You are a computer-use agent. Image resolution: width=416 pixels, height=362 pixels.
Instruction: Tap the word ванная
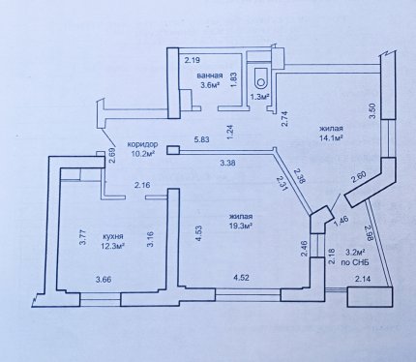[210, 75]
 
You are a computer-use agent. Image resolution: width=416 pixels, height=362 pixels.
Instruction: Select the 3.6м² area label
[210, 85]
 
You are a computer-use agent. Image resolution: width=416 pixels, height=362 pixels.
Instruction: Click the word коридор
[142, 144]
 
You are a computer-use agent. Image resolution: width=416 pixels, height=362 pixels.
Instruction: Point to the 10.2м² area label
[142, 154]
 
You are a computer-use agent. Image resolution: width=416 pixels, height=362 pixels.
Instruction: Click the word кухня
[112, 236]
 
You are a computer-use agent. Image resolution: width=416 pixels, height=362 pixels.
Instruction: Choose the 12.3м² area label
[112, 246]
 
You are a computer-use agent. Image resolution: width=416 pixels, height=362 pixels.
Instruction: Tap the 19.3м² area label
[240, 226]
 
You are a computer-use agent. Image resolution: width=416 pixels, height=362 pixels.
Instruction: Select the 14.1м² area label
[331, 137]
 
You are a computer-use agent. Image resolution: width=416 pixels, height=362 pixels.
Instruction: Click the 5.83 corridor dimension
[201, 139]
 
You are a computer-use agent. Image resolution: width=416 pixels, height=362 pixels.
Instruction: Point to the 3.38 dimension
[227, 163]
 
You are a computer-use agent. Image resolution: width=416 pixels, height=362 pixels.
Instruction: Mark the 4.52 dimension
[241, 278]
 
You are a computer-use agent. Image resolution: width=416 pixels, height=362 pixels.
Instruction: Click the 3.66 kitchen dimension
[104, 280]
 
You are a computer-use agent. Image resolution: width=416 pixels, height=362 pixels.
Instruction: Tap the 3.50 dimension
[372, 111]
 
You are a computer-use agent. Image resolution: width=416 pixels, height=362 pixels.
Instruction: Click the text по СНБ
[355, 263]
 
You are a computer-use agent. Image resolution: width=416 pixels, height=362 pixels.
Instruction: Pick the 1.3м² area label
[260, 96]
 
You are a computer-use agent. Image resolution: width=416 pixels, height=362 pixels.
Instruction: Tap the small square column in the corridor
[173, 150]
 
